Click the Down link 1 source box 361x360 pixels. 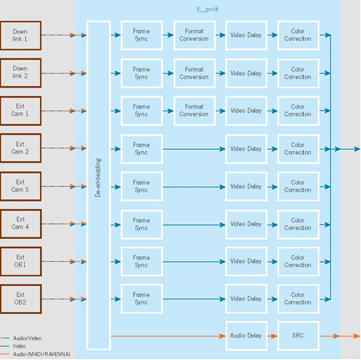(x=21, y=35)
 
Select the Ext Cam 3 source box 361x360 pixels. (x=21, y=186)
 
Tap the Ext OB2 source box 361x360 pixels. (x=21, y=299)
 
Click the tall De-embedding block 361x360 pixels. (x=98, y=185)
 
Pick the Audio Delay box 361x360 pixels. (x=247, y=336)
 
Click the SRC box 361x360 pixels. (x=298, y=336)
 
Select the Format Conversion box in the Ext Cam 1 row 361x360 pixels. (x=194, y=111)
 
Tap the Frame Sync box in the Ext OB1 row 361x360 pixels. (x=142, y=261)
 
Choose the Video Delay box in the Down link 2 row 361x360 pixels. (x=247, y=73)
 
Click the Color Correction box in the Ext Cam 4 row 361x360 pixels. (x=298, y=224)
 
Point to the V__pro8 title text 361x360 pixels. (x=207, y=10)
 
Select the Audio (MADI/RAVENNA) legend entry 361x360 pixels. (x=35, y=354)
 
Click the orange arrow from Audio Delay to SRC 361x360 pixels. (x=272, y=336)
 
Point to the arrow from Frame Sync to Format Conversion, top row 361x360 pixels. (x=168, y=35)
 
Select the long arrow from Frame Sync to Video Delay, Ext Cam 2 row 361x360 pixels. (x=194, y=149)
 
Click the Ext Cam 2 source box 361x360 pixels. (x=21, y=148)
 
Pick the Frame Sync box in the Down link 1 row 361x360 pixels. (x=142, y=35)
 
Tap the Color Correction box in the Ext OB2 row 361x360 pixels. (x=298, y=299)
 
